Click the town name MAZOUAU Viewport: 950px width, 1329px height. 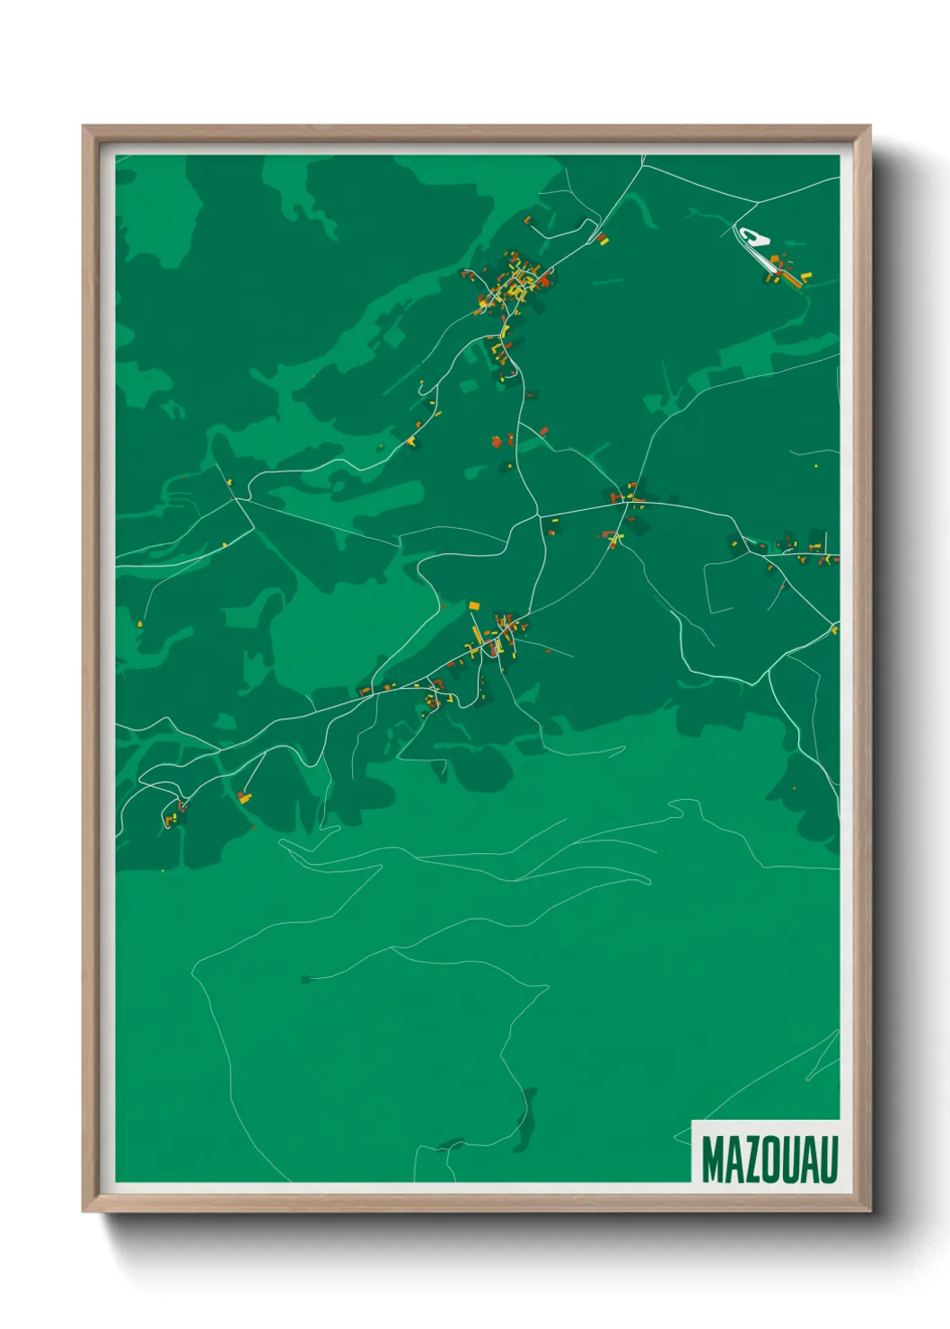(x=770, y=1159)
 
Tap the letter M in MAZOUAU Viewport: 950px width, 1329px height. (x=713, y=1159)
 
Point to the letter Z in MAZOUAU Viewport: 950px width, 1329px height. (x=751, y=1159)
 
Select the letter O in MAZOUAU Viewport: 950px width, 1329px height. (x=770, y=1159)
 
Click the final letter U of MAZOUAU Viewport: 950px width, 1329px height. (x=828, y=1159)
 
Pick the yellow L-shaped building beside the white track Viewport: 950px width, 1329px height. (x=805, y=277)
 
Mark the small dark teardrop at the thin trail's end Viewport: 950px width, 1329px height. (x=306, y=978)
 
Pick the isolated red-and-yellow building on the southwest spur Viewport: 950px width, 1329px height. (x=243, y=796)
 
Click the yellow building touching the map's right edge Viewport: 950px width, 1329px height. (x=834, y=630)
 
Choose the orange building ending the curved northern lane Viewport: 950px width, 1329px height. (x=528, y=219)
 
